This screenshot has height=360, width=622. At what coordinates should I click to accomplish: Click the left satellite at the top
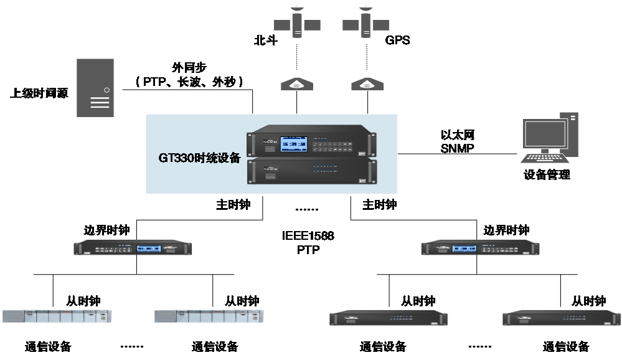pos(297,24)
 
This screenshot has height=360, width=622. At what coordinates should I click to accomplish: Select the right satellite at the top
pos(365,24)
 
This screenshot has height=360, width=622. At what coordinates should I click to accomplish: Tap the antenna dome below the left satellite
pos(296,84)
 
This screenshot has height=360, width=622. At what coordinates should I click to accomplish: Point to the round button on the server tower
pos(106,90)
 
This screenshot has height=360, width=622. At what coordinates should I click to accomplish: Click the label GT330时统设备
pos(199,158)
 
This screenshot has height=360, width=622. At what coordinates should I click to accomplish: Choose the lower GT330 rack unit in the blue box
pos(311,171)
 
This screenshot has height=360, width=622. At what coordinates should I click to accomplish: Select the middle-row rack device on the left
pos(134,247)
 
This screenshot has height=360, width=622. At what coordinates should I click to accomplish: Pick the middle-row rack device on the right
pos(480,248)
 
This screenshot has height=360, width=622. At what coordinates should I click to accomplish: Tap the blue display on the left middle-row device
pos(150,248)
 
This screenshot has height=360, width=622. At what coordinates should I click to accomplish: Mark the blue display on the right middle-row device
pos(463,248)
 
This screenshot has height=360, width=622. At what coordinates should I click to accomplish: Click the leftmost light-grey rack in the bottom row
pos(57,316)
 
